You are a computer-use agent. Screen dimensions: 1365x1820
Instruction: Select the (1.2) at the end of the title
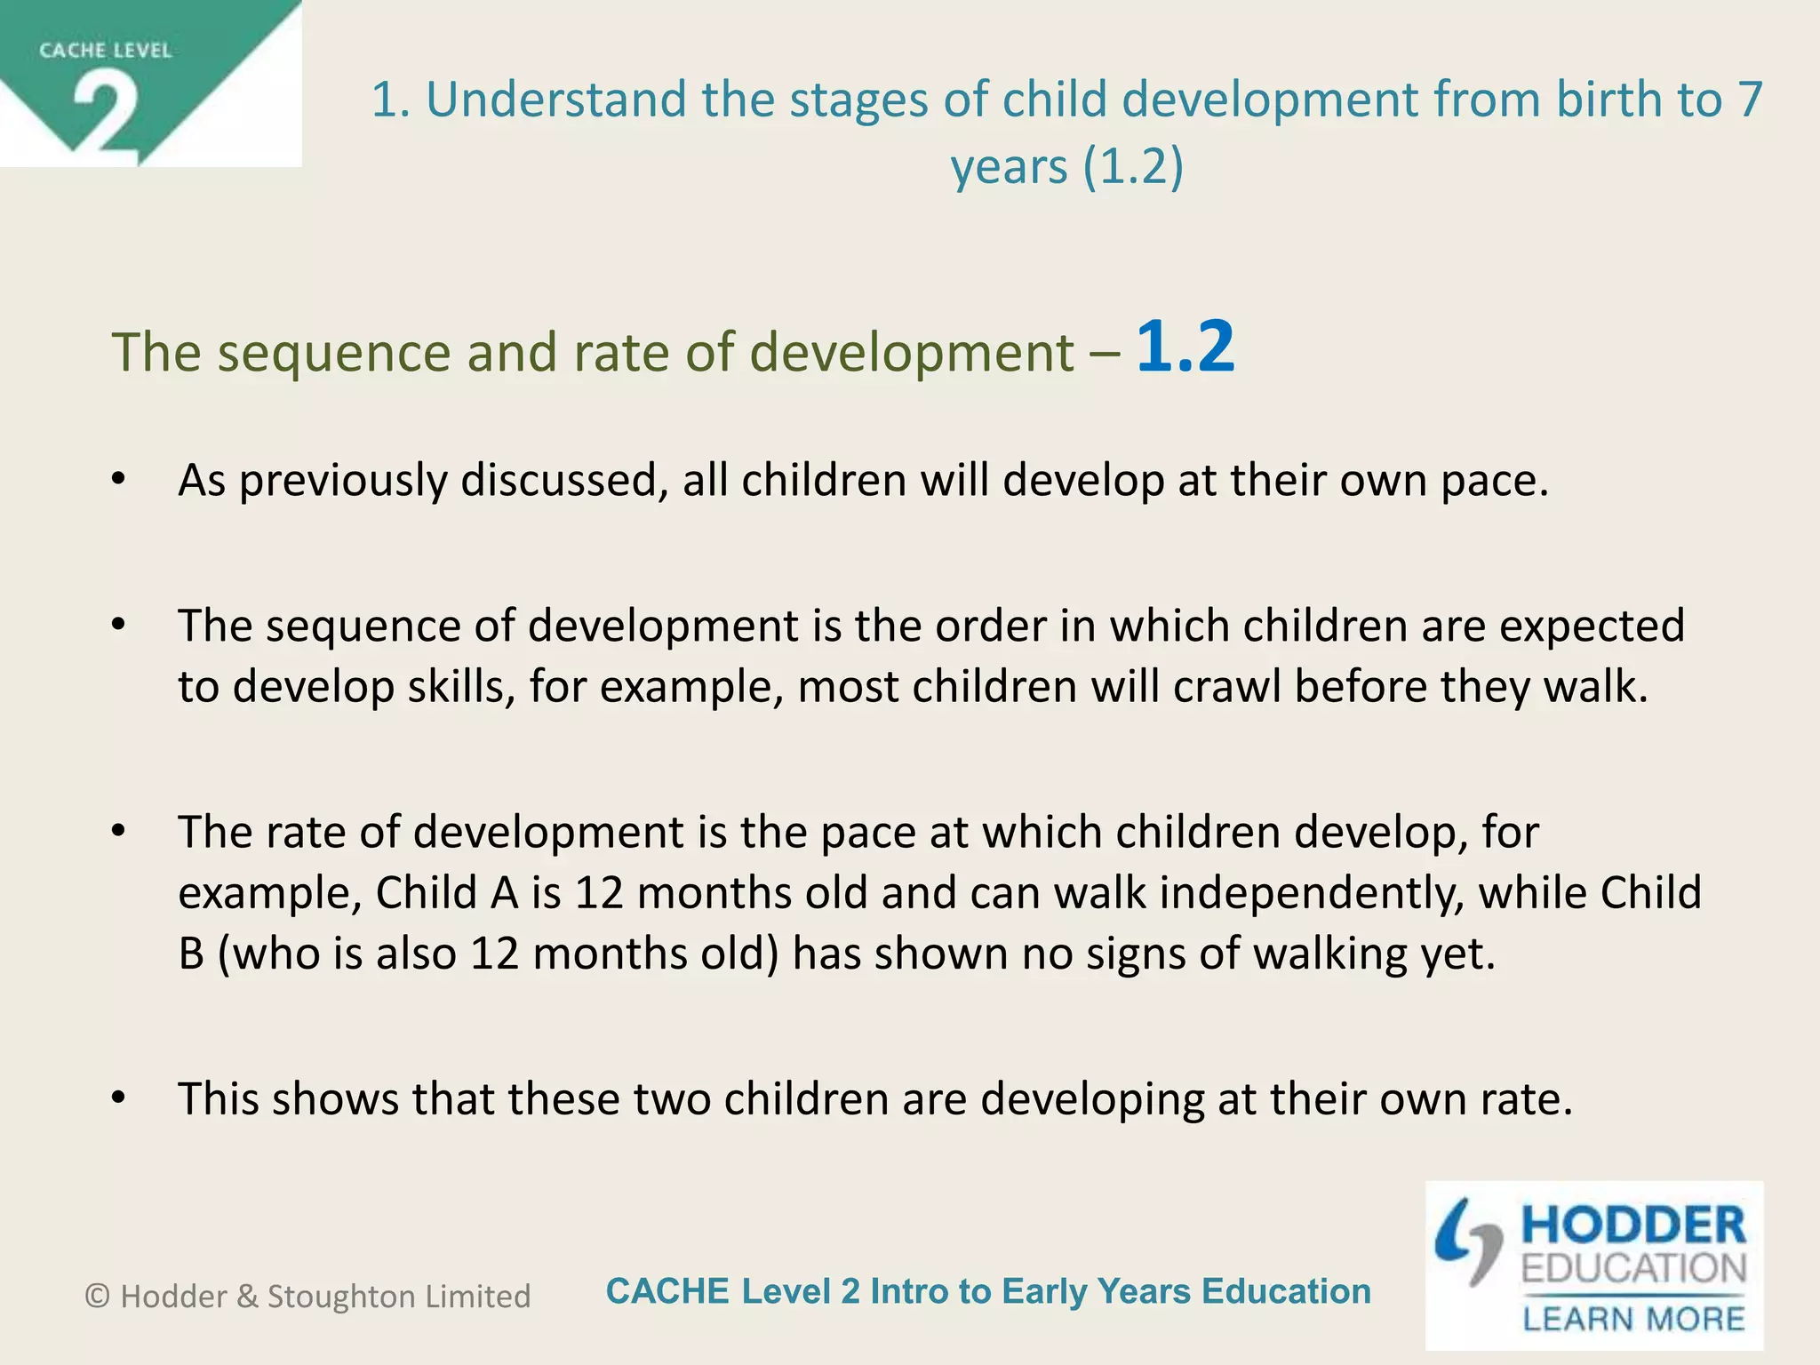pyautogui.click(x=1133, y=167)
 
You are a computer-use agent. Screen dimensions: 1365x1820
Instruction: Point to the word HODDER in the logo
pyautogui.click(x=1633, y=1225)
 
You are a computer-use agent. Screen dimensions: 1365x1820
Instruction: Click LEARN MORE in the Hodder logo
pyautogui.click(x=1633, y=1318)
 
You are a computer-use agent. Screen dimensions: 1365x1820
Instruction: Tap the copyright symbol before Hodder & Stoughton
pyautogui.click(x=97, y=1297)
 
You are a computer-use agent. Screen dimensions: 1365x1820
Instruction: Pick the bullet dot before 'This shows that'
pyautogui.click(x=119, y=1098)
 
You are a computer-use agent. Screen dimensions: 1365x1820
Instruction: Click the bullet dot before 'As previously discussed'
pyautogui.click(x=119, y=480)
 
